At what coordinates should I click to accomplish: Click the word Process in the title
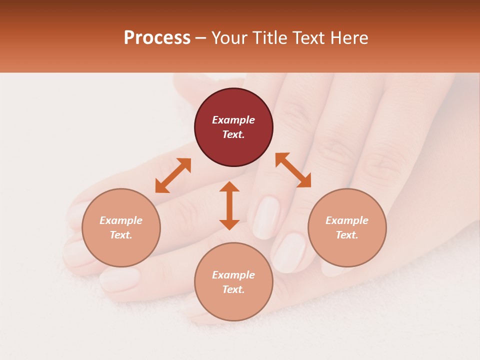click(x=157, y=38)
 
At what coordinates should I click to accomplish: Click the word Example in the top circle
click(x=233, y=120)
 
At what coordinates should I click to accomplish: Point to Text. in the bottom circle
click(x=233, y=289)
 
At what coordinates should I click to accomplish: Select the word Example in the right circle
click(x=347, y=220)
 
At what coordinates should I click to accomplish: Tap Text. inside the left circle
click(x=121, y=235)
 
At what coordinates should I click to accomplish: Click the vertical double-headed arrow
click(x=229, y=205)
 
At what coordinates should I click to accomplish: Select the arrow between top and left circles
click(x=173, y=175)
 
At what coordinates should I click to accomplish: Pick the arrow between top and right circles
click(x=293, y=170)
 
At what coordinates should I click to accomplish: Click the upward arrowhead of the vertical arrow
click(x=229, y=187)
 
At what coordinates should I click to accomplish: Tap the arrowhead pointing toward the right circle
click(x=304, y=181)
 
